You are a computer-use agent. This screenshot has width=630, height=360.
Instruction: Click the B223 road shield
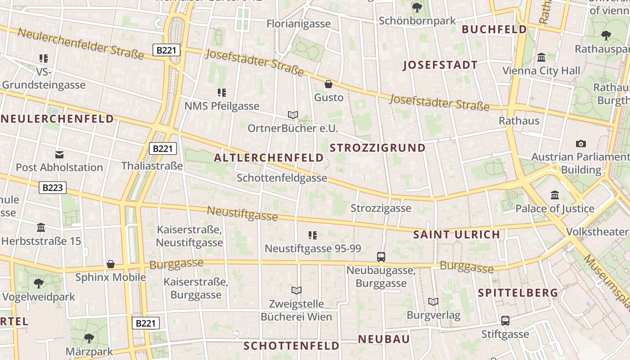[x=53, y=188]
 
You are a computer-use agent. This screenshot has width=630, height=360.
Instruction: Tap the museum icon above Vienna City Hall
[x=541, y=58]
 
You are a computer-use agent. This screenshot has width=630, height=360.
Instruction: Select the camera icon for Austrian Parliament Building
[x=581, y=144]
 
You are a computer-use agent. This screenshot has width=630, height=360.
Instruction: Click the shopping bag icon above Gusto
[x=328, y=84]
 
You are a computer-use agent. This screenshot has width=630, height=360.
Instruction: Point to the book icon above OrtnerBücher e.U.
[x=293, y=115]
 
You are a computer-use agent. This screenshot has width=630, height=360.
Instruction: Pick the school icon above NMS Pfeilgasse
[x=222, y=93]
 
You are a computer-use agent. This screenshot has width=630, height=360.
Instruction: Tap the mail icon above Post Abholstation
[x=59, y=154]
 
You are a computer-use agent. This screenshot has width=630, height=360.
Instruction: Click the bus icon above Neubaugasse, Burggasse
[x=381, y=257]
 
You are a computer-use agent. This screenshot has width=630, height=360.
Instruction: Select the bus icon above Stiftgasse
[x=505, y=321]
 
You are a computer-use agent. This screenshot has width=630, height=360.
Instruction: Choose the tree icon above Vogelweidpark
[x=39, y=283]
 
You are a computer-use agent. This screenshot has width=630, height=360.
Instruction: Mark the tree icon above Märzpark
[x=89, y=338]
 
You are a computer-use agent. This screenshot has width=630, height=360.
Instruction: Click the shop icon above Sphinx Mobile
[x=111, y=264]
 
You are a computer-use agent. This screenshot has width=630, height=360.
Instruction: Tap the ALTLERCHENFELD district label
[x=269, y=157]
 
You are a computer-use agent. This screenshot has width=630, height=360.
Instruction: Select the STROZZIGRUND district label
[x=378, y=148]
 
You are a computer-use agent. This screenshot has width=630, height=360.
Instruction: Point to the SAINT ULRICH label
[x=456, y=234]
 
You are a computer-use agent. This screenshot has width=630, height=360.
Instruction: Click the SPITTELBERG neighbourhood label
[x=518, y=293]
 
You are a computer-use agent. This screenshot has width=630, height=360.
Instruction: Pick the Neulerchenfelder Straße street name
[x=81, y=44]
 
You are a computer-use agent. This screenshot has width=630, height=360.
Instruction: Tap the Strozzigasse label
[x=381, y=208]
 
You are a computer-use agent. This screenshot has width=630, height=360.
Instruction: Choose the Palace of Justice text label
[x=555, y=209]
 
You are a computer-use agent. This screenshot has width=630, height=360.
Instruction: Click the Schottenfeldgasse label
[x=282, y=178]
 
